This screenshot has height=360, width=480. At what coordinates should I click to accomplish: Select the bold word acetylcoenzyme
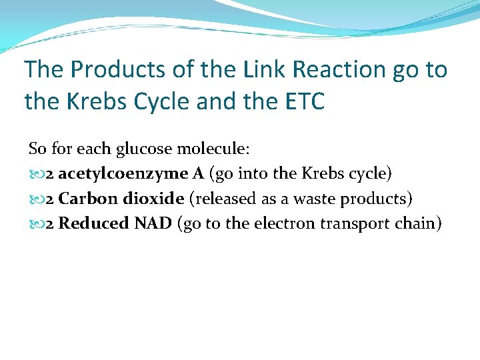click(123, 173)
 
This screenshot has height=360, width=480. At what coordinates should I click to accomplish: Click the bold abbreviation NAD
click(153, 223)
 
